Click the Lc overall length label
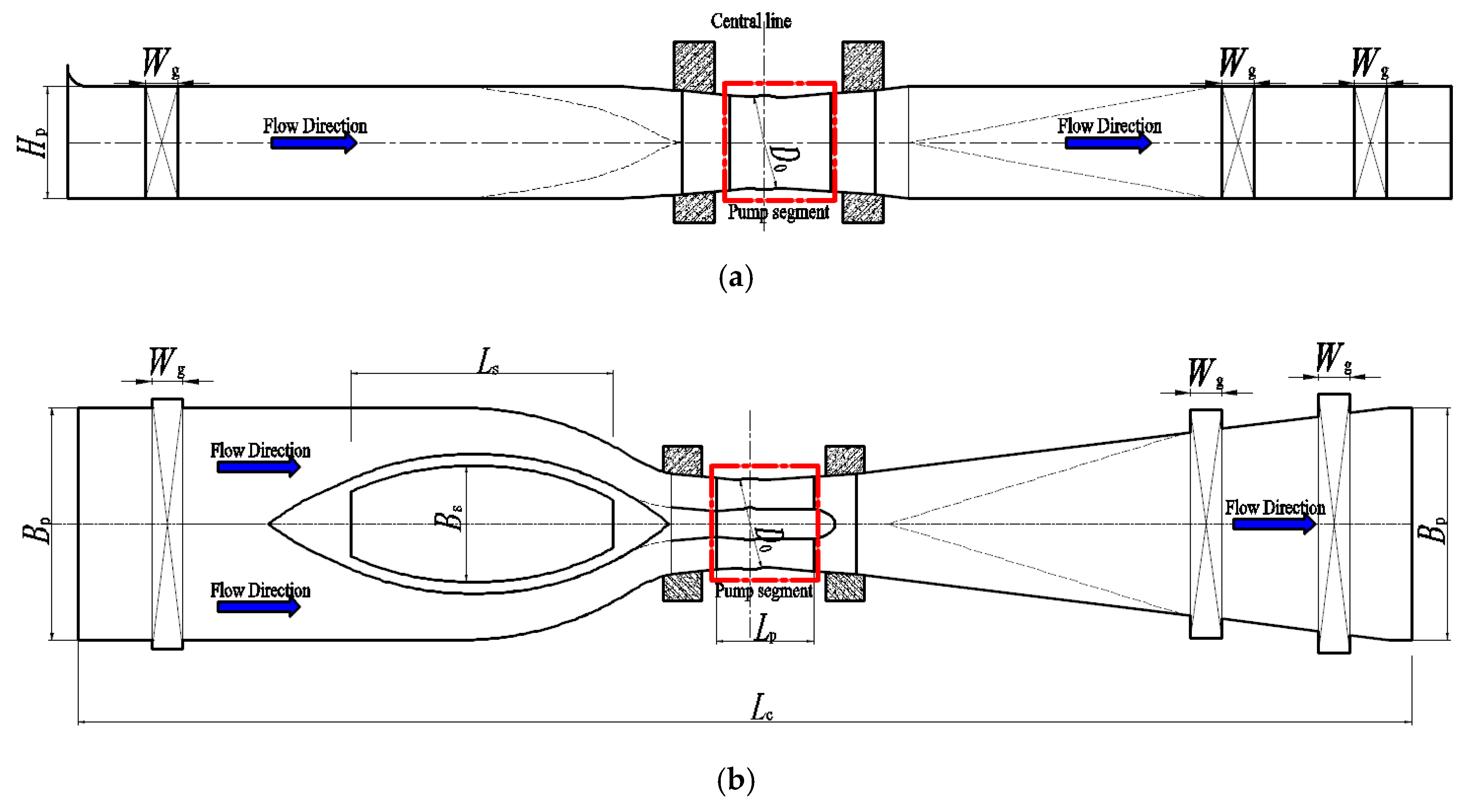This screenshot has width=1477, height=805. coord(762,707)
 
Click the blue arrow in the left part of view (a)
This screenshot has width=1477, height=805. coord(313,143)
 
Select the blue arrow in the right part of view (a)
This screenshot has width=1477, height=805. coord(1108,143)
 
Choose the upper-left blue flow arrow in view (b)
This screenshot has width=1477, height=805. coord(258,467)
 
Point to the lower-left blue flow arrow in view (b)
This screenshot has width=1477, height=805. coord(258,607)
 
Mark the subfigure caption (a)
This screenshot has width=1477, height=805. coord(736,278)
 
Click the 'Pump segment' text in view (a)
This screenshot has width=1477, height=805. coord(778,213)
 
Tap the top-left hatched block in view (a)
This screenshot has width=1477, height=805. coord(694,66)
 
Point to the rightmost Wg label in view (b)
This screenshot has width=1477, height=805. coord(1333,359)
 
